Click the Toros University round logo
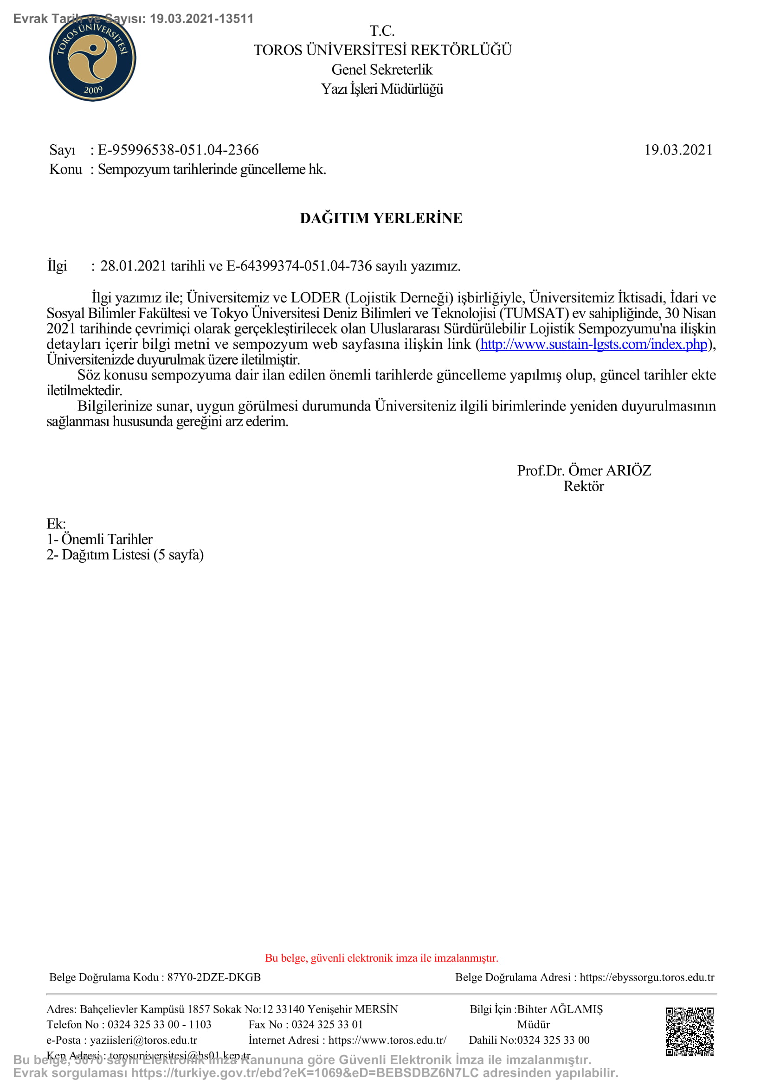tap(93, 58)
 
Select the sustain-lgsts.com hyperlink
tap(593, 344)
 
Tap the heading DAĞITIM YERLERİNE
tap(381, 218)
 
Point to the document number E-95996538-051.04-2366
tap(178, 150)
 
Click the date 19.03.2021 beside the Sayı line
tap(678, 150)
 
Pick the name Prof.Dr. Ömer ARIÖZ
tap(584, 470)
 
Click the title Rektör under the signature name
tap(584, 486)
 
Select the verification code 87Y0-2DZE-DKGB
tap(214, 977)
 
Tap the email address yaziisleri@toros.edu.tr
tap(144, 1040)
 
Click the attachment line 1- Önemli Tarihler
tap(100, 539)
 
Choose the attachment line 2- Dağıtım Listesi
tap(125, 554)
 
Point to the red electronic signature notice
tap(381, 958)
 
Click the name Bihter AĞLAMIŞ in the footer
tap(560, 1009)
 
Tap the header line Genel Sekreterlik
tap(382, 70)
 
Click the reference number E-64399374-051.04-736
tap(299, 266)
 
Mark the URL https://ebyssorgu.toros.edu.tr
tap(647, 977)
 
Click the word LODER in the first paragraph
tap(316, 298)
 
